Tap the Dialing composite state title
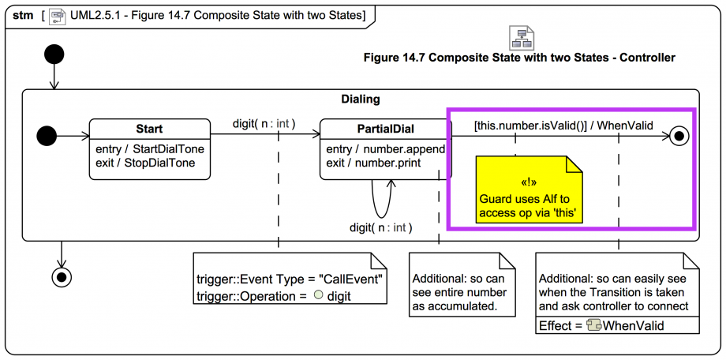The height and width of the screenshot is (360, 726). (x=361, y=99)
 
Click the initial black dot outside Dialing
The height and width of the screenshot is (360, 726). (x=54, y=55)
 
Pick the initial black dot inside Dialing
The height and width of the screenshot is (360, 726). (x=48, y=136)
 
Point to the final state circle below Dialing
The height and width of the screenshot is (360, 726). (x=60, y=276)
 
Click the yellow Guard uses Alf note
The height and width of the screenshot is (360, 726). (x=529, y=189)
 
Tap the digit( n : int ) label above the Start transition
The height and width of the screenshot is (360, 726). (x=264, y=124)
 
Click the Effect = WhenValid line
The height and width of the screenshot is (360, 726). (x=601, y=325)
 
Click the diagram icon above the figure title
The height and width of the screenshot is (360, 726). (x=522, y=37)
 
